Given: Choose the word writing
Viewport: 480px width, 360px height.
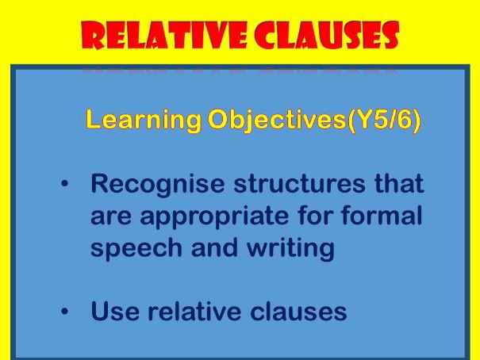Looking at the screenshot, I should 289,249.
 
